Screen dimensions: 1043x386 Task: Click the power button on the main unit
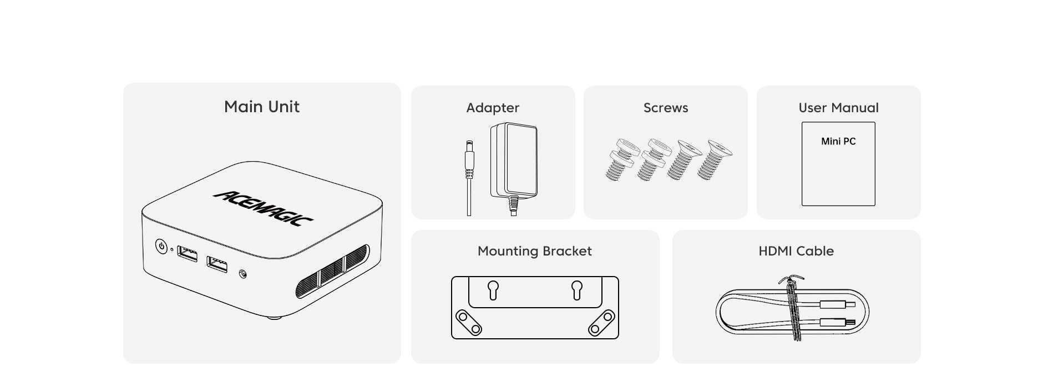pos(161,246)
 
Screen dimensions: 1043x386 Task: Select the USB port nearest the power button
pos(187,254)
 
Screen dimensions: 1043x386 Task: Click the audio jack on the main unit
pos(242,274)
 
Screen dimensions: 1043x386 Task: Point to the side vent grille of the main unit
pos(332,270)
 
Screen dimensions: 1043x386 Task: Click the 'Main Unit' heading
pos(262,107)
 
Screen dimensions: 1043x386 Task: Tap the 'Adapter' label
pos(493,108)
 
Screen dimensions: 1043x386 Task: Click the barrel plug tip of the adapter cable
pos(470,146)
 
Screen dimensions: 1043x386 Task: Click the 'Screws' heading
pos(666,108)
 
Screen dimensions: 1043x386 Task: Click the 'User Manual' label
pos(838,108)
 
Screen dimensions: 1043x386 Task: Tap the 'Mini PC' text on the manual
pos(838,142)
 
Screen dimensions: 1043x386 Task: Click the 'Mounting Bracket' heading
pos(535,251)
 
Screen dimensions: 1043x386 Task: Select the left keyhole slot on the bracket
pos(493,290)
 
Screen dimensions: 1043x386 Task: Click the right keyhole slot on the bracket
pos(577,290)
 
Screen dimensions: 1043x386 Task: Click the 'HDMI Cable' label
pos(796,251)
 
